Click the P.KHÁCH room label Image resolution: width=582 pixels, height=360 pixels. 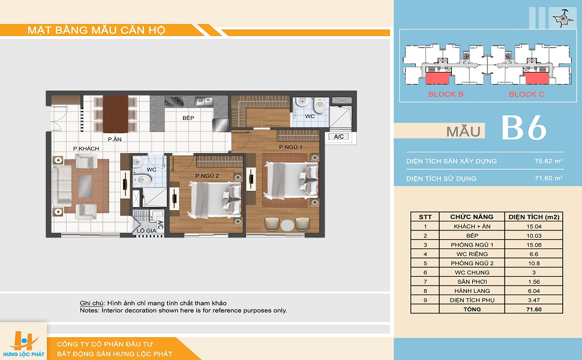[x=86, y=148]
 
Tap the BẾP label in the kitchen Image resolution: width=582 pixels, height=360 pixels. [x=188, y=118]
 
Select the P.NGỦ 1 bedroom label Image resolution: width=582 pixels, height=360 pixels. [x=290, y=147]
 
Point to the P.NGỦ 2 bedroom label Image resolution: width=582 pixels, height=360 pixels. [x=207, y=176]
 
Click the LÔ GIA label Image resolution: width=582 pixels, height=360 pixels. [x=146, y=230]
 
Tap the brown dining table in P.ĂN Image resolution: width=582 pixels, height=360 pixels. [x=115, y=114]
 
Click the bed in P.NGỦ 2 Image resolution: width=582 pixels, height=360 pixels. [x=215, y=199]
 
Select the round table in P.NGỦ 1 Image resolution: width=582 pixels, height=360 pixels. [x=287, y=225]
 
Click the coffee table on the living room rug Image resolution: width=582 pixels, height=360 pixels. [x=85, y=187]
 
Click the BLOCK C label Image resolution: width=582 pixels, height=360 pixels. [x=527, y=94]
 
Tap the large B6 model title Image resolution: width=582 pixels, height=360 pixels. [x=524, y=128]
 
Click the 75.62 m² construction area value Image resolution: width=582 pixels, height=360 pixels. [x=548, y=161]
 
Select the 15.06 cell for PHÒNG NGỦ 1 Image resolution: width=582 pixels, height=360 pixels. [x=534, y=245]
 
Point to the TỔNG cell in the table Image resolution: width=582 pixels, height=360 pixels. [x=472, y=309]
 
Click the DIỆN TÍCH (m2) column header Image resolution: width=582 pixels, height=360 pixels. [x=534, y=217]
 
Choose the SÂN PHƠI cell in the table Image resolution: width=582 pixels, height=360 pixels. [x=472, y=281]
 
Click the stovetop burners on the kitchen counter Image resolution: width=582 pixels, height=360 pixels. [x=174, y=101]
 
